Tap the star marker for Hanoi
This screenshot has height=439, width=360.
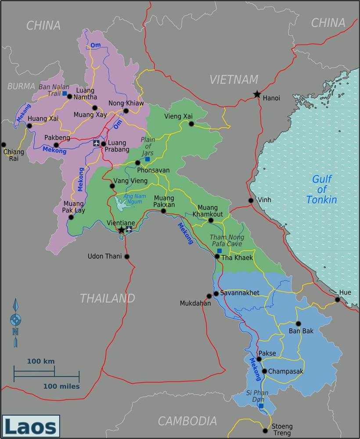pos(257,94)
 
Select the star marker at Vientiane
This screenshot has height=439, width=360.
pos(121,230)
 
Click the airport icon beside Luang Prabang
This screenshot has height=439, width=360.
pos(96,143)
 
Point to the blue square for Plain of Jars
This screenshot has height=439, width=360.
pos(148,159)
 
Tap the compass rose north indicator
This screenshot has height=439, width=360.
pos(15,320)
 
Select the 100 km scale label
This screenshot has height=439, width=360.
pos(41,361)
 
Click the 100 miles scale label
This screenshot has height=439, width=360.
pos(61,386)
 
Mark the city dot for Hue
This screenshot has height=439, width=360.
pos(338,299)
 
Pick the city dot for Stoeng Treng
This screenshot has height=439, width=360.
pos(264,430)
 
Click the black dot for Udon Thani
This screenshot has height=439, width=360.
pos(127,256)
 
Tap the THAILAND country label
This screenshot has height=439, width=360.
pos(107,299)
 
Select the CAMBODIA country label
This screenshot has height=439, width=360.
pos(187,421)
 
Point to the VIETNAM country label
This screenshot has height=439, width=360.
pos(234,79)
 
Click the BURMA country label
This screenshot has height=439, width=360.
pos(21,86)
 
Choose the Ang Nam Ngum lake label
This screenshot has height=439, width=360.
pos(134,199)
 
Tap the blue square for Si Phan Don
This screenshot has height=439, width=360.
pos(261,406)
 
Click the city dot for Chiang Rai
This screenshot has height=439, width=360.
pos(4,144)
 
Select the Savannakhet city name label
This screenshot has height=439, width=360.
pos(240,293)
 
